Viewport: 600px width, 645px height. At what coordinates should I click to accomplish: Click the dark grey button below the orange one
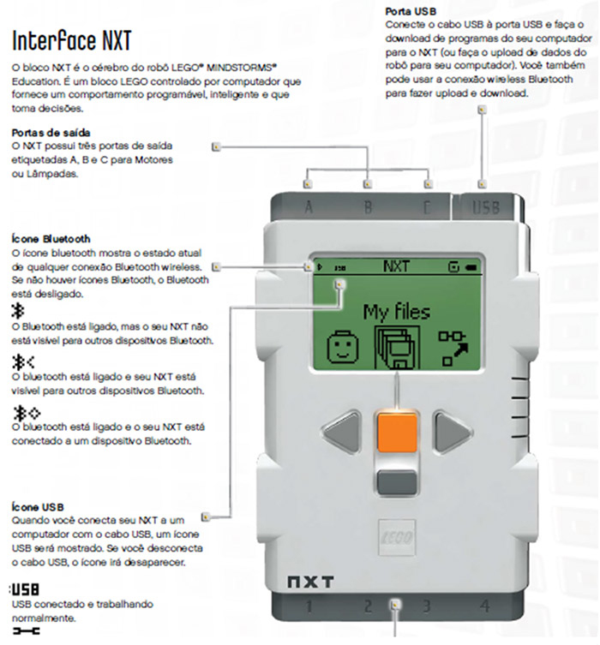pyautogui.click(x=396, y=482)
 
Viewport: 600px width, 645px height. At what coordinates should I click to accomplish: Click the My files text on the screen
pyautogui.click(x=396, y=311)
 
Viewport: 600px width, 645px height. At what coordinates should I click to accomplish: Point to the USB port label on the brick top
pyautogui.click(x=485, y=207)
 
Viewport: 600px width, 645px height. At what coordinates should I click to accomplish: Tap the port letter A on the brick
pyautogui.click(x=309, y=207)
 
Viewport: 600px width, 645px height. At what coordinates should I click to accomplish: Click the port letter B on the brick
pyautogui.click(x=368, y=207)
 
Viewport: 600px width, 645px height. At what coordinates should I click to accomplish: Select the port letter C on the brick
pyautogui.click(x=427, y=207)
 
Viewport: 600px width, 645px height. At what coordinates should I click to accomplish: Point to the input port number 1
pyautogui.click(x=308, y=606)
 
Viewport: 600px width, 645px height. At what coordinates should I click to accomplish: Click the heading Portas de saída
pyautogui.click(x=52, y=133)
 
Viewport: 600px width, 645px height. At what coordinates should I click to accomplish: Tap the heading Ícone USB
pyautogui.click(x=39, y=507)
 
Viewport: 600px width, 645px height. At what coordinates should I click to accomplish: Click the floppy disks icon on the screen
pyautogui.click(x=395, y=346)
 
